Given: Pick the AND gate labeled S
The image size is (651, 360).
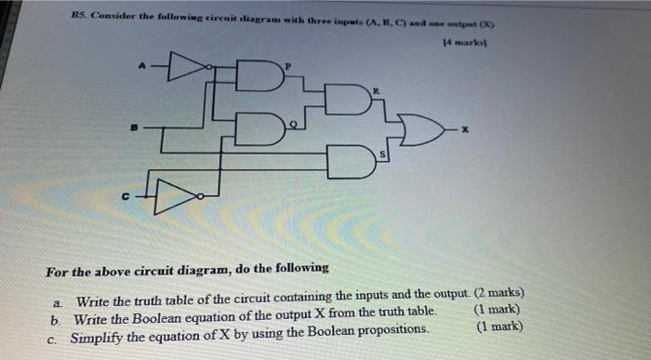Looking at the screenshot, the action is [349, 164].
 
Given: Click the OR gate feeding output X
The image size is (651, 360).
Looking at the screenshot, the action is [422, 133].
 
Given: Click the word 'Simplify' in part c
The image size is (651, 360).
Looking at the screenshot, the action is [99, 327].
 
